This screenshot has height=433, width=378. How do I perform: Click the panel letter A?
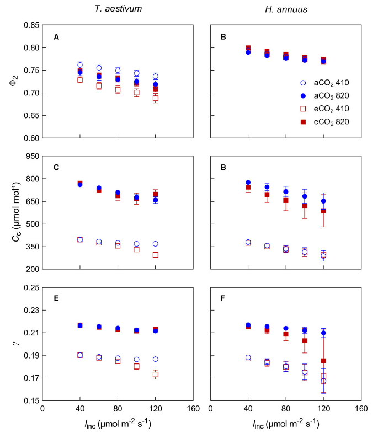pos(56,37)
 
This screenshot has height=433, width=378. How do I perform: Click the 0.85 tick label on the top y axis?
pos(31,25)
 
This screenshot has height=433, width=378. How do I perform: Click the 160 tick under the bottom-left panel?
pos(193,409)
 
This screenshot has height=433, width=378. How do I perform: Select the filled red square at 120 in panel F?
pos(323,361)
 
